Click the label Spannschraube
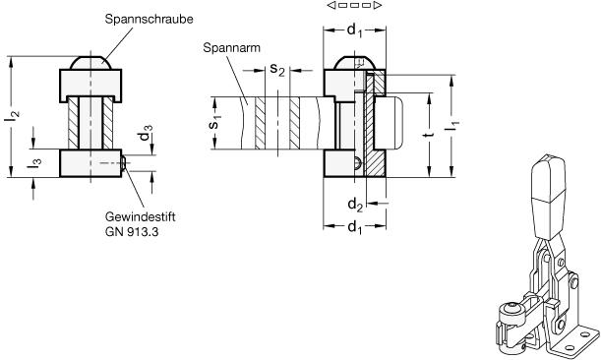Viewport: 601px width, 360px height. (149, 20)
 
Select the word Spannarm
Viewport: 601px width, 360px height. (231, 48)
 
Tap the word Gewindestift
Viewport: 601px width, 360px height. (141, 217)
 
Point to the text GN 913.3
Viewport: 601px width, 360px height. (132, 232)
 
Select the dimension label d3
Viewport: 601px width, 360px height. (146, 133)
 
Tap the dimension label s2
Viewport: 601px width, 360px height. (277, 69)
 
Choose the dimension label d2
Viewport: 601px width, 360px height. (355, 205)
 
